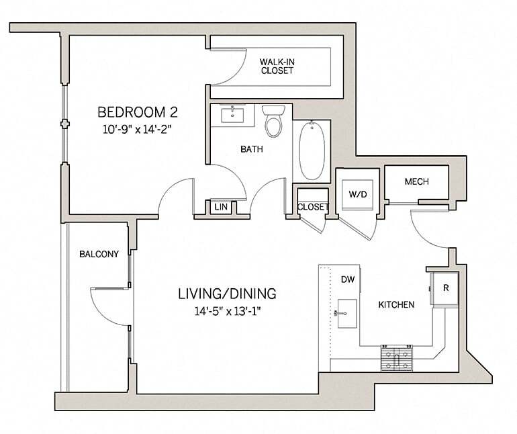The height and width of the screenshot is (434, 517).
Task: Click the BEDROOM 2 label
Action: [138, 111]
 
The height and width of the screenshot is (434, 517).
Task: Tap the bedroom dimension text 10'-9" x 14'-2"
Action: [138, 131]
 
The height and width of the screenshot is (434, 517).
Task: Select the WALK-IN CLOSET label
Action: [277, 66]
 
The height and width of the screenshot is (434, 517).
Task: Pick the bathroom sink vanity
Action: [233, 115]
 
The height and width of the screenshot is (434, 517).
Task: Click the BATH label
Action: [251, 149]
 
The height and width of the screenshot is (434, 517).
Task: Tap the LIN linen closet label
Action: [220, 208]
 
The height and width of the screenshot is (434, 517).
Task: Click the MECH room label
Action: [416, 182]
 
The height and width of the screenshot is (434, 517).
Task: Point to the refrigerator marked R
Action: [445, 288]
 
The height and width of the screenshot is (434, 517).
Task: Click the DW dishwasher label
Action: [346, 279]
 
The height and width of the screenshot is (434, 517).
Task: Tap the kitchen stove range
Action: [399, 358]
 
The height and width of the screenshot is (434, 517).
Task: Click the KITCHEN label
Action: [395, 304]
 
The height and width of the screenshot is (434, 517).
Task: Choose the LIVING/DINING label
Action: [226, 294]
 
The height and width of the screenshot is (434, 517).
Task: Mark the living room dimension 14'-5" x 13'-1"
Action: [226, 311]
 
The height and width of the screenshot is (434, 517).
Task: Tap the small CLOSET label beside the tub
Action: [312, 207]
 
